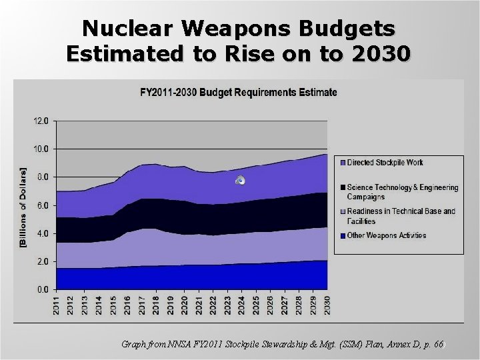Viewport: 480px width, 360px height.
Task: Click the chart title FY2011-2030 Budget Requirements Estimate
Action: (x=238, y=92)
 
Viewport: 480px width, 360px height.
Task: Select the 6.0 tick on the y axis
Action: (x=41, y=205)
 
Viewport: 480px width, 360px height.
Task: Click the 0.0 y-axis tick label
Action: (x=41, y=289)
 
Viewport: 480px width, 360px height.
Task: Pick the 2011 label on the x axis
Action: (x=57, y=306)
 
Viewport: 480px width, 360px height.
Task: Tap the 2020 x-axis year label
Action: (x=185, y=306)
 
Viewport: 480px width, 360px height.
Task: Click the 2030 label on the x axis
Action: (x=327, y=306)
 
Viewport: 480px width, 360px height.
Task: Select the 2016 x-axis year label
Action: (x=128, y=306)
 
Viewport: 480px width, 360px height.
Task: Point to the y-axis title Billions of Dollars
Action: (x=23, y=207)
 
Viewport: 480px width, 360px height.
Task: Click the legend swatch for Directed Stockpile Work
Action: (x=343, y=163)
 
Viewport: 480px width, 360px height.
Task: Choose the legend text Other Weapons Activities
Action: (x=386, y=235)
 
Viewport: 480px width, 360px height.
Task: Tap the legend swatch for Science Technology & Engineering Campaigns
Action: (x=343, y=187)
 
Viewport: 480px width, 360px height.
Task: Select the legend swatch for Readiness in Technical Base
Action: (x=343, y=211)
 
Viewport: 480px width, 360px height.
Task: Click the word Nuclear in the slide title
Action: (x=121, y=29)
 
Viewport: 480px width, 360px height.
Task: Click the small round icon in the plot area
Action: (x=241, y=181)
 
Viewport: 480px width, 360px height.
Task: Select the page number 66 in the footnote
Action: (x=437, y=345)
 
